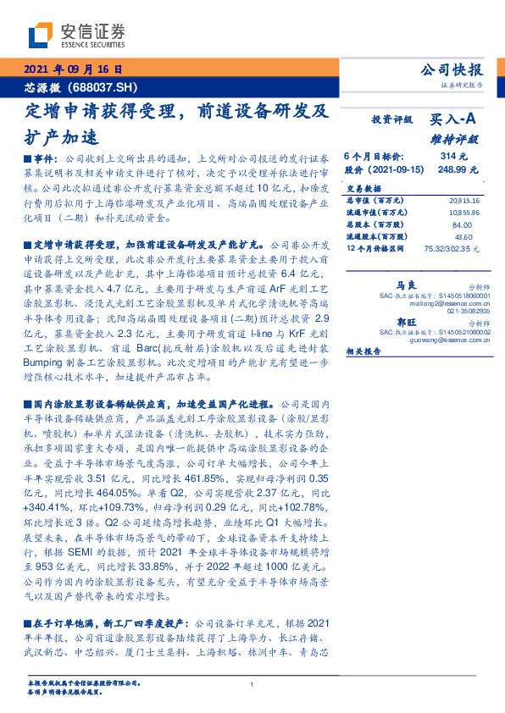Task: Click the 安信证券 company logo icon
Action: (39, 34)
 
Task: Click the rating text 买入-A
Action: (456, 120)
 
